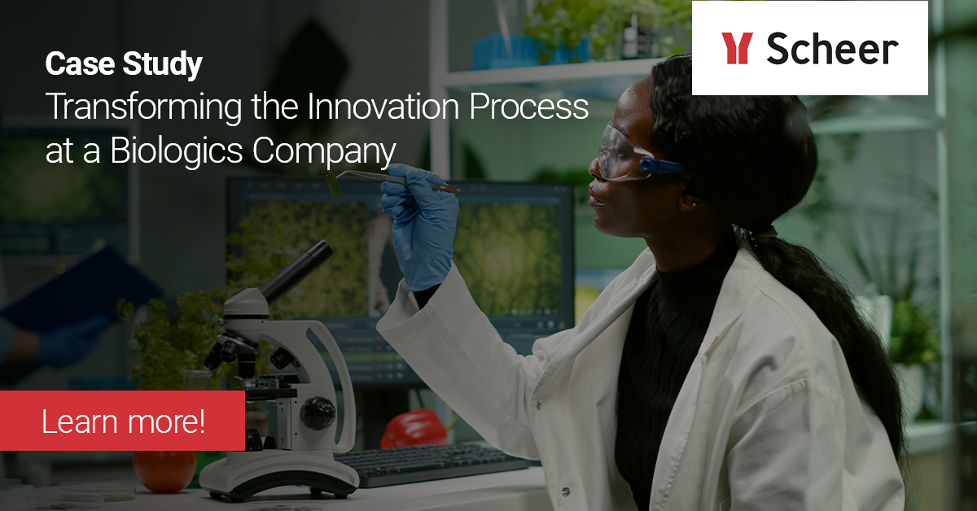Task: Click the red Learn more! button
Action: pos(122,421)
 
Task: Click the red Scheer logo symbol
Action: pos(736,48)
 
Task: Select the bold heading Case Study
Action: pos(123,64)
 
